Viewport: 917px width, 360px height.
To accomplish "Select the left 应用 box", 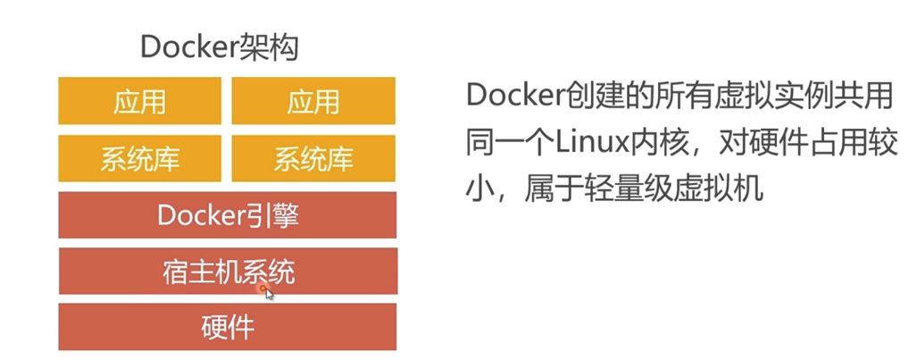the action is click(x=140, y=101).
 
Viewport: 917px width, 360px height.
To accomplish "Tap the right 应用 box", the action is click(x=313, y=101).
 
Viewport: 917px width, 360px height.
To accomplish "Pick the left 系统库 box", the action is click(x=140, y=158).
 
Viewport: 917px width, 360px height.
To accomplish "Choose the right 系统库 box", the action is click(x=313, y=158).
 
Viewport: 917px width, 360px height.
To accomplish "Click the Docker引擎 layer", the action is click(x=228, y=214).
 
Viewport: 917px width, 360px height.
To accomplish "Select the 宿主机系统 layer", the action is click(x=228, y=271).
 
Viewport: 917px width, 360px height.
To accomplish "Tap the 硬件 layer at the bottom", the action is click(x=228, y=327).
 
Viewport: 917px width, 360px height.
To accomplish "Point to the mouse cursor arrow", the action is click(x=270, y=294).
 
